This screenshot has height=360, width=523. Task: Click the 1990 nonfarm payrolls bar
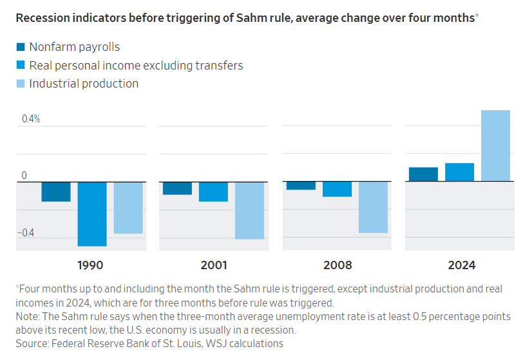56,191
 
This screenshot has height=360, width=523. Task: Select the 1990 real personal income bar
92,214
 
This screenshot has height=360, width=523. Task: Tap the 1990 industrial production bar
128,207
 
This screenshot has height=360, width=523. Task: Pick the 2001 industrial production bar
249,210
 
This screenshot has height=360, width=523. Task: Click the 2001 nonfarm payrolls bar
177,188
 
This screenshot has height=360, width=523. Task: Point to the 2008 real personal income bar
337,189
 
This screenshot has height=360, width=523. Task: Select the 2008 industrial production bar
373,207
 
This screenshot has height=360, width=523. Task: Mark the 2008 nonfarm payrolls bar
301,185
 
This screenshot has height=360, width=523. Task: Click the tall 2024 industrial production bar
495,146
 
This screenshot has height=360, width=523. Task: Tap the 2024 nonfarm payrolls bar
423,175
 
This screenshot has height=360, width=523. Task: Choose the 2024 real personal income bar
459,172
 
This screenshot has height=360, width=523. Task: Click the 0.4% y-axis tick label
30,119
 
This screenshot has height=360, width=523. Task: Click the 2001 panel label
213,265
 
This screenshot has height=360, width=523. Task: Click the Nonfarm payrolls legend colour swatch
20,47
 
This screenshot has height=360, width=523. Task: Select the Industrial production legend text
84,84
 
